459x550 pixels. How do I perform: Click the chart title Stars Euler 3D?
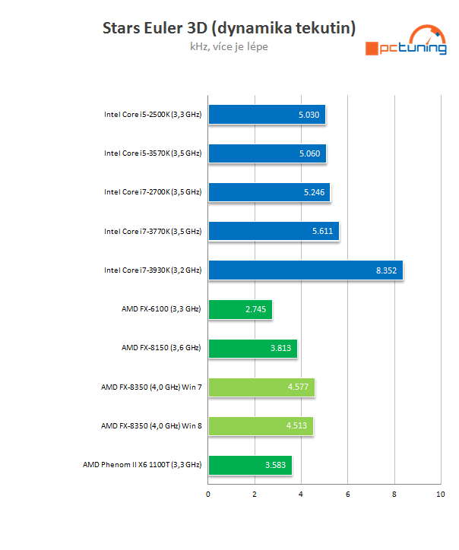[229, 29]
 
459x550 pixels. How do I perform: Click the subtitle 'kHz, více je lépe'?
[229, 47]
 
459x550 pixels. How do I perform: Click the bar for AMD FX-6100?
[240, 309]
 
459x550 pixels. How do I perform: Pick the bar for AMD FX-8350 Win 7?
[261, 387]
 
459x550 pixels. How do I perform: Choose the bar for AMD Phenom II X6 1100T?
[250, 464]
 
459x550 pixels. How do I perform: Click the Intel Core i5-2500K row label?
[153, 115]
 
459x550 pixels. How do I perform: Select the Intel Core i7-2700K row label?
[153, 192]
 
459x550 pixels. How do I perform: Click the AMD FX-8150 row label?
[161, 347]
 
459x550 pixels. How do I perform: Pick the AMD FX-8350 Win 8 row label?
[151, 425]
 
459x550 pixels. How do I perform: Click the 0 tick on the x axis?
[208, 495]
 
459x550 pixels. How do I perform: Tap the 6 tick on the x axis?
[347, 495]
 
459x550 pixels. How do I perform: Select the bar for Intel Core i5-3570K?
[267, 153]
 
